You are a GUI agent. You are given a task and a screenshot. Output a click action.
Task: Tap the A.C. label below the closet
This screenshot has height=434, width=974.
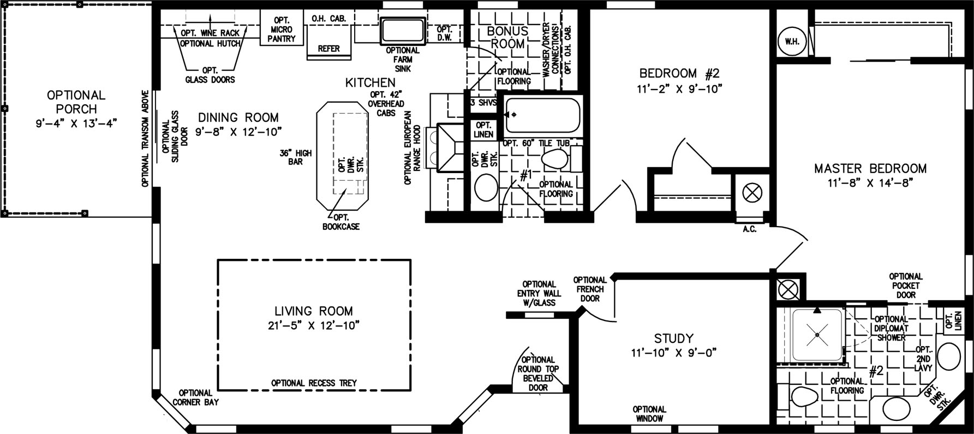coord(749,230)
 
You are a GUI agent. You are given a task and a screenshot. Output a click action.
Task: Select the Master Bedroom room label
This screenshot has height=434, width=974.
coord(870,169)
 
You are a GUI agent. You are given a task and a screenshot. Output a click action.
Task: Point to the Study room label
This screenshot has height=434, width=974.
coord(673,338)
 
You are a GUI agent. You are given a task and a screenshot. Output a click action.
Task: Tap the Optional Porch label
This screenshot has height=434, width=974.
coord(76,102)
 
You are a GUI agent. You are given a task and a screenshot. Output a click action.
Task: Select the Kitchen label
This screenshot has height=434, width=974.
coord(371,83)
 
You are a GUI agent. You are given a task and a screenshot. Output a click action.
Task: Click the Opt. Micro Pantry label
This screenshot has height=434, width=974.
coord(282,29)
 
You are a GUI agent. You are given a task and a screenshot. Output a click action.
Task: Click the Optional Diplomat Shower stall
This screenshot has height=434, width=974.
coord(816,335)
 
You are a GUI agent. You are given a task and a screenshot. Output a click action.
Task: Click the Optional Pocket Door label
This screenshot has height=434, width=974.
coord(906,286)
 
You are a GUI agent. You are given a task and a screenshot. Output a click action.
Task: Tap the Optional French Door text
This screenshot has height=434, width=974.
coord(590,289)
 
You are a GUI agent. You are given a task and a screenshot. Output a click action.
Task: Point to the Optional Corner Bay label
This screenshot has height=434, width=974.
coord(195,397)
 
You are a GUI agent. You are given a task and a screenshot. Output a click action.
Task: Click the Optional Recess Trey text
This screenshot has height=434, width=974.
coord(314,383)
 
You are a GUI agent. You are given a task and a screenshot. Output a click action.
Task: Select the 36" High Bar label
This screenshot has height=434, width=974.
coord(296,157)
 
